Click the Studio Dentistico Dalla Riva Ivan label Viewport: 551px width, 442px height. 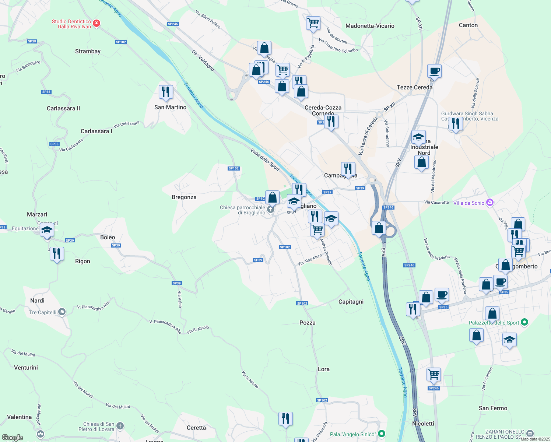click(71, 24)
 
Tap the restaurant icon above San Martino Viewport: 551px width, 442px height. click(166, 92)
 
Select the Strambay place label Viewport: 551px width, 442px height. click(88, 51)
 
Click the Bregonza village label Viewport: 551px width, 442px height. click(184, 197)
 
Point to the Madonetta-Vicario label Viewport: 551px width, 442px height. click(370, 26)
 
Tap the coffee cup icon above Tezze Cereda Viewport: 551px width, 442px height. click(434, 71)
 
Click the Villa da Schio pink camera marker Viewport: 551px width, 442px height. click(489, 202)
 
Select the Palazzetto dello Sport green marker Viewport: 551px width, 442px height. click(525, 322)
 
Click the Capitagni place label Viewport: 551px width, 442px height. click(351, 302)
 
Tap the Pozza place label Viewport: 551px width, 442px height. click(308, 323)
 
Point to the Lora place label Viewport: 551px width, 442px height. click(324, 369)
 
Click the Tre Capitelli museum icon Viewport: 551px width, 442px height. click(62, 312)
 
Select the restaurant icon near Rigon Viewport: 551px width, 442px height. click(57, 253)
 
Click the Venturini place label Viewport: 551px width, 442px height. click(26, 368)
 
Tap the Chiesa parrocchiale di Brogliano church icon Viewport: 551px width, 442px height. click(271, 210)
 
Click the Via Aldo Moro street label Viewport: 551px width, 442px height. click(310, 260)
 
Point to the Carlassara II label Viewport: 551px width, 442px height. click(63, 108)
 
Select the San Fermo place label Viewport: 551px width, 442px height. click(493, 408)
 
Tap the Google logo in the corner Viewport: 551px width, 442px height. click(13, 438)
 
